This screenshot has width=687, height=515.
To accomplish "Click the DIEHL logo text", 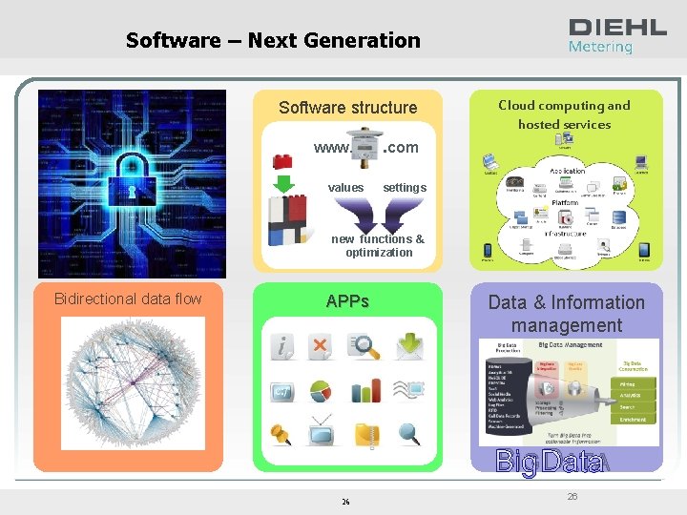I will pyautogui.click(x=617, y=28).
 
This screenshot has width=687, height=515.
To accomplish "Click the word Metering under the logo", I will pyautogui.click(x=600, y=47).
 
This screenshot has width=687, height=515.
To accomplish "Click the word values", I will pyautogui.click(x=345, y=188).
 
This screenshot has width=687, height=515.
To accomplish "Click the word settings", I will pyautogui.click(x=405, y=188).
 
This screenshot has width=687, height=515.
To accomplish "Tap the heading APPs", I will pyautogui.click(x=347, y=301).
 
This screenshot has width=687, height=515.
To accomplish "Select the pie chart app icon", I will pyautogui.click(x=321, y=392).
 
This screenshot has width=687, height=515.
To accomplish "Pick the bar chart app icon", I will pyautogui.click(x=365, y=391).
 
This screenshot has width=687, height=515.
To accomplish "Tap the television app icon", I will pyautogui.click(x=323, y=435).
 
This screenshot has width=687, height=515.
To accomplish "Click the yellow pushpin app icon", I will pyautogui.click(x=281, y=435).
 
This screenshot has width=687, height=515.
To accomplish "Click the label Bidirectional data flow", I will pyautogui.click(x=128, y=299).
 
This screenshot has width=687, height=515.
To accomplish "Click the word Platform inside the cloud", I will pyautogui.click(x=566, y=203).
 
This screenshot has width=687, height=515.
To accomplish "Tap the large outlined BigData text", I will pyautogui.click(x=549, y=463).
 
